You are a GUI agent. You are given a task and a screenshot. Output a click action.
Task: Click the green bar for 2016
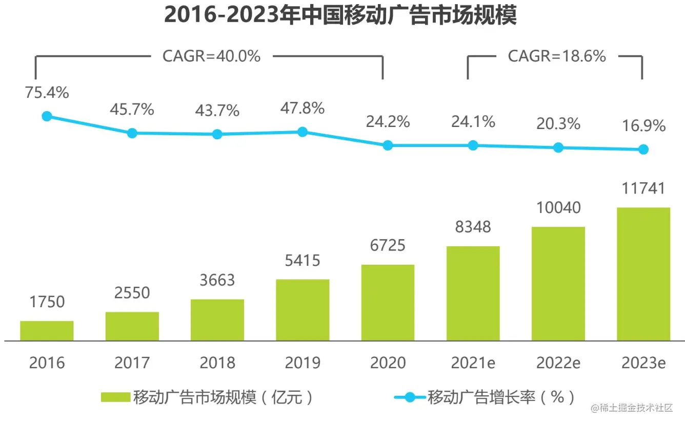[47, 330]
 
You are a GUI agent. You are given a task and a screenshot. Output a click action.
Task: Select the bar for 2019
[303, 310]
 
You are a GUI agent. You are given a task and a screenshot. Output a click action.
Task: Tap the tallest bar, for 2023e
[643, 274]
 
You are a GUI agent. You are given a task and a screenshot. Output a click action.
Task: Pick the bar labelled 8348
[473, 293]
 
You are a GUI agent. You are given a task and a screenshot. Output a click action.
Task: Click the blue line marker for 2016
[47, 116]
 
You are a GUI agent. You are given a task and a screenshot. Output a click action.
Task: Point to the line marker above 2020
[388, 145]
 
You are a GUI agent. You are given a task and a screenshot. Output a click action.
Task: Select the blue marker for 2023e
[643, 150]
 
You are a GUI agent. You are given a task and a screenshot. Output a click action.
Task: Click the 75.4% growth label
[47, 93]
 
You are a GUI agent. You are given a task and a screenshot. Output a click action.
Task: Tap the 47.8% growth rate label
[302, 108]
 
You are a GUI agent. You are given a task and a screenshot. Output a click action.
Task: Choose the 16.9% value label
[643, 125]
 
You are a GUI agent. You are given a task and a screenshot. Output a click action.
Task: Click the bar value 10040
[558, 207]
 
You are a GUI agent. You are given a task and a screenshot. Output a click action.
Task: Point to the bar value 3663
[217, 280]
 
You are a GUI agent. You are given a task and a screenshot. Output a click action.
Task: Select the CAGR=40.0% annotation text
[211, 56]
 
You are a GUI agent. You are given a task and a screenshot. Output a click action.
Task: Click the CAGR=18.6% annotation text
[557, 56]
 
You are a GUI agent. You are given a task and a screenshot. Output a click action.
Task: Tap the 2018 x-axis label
[217, 363]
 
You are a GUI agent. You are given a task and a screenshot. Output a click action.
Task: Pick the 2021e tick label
[473, 363]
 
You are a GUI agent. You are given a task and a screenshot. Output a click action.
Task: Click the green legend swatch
[116, 397]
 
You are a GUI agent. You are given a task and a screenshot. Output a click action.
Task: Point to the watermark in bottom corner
[631, 408]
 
